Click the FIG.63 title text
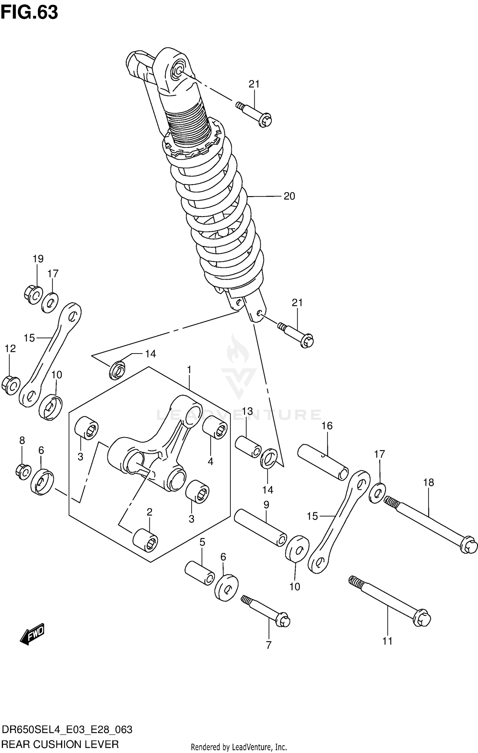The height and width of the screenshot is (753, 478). pos(29,13)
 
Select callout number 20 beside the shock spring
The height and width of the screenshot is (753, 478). pos(289,196)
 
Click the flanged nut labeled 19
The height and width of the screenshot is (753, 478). pos(33,295)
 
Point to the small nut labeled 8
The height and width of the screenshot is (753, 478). pos(23,472)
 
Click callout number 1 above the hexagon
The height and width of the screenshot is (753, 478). pos(189,370)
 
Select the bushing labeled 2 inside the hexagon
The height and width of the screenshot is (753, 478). pos(145,540)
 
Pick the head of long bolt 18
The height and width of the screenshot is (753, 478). pos(468,545)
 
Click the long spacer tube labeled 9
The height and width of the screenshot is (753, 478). pos(260,528)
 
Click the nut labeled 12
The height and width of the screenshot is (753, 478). pos(11,385)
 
